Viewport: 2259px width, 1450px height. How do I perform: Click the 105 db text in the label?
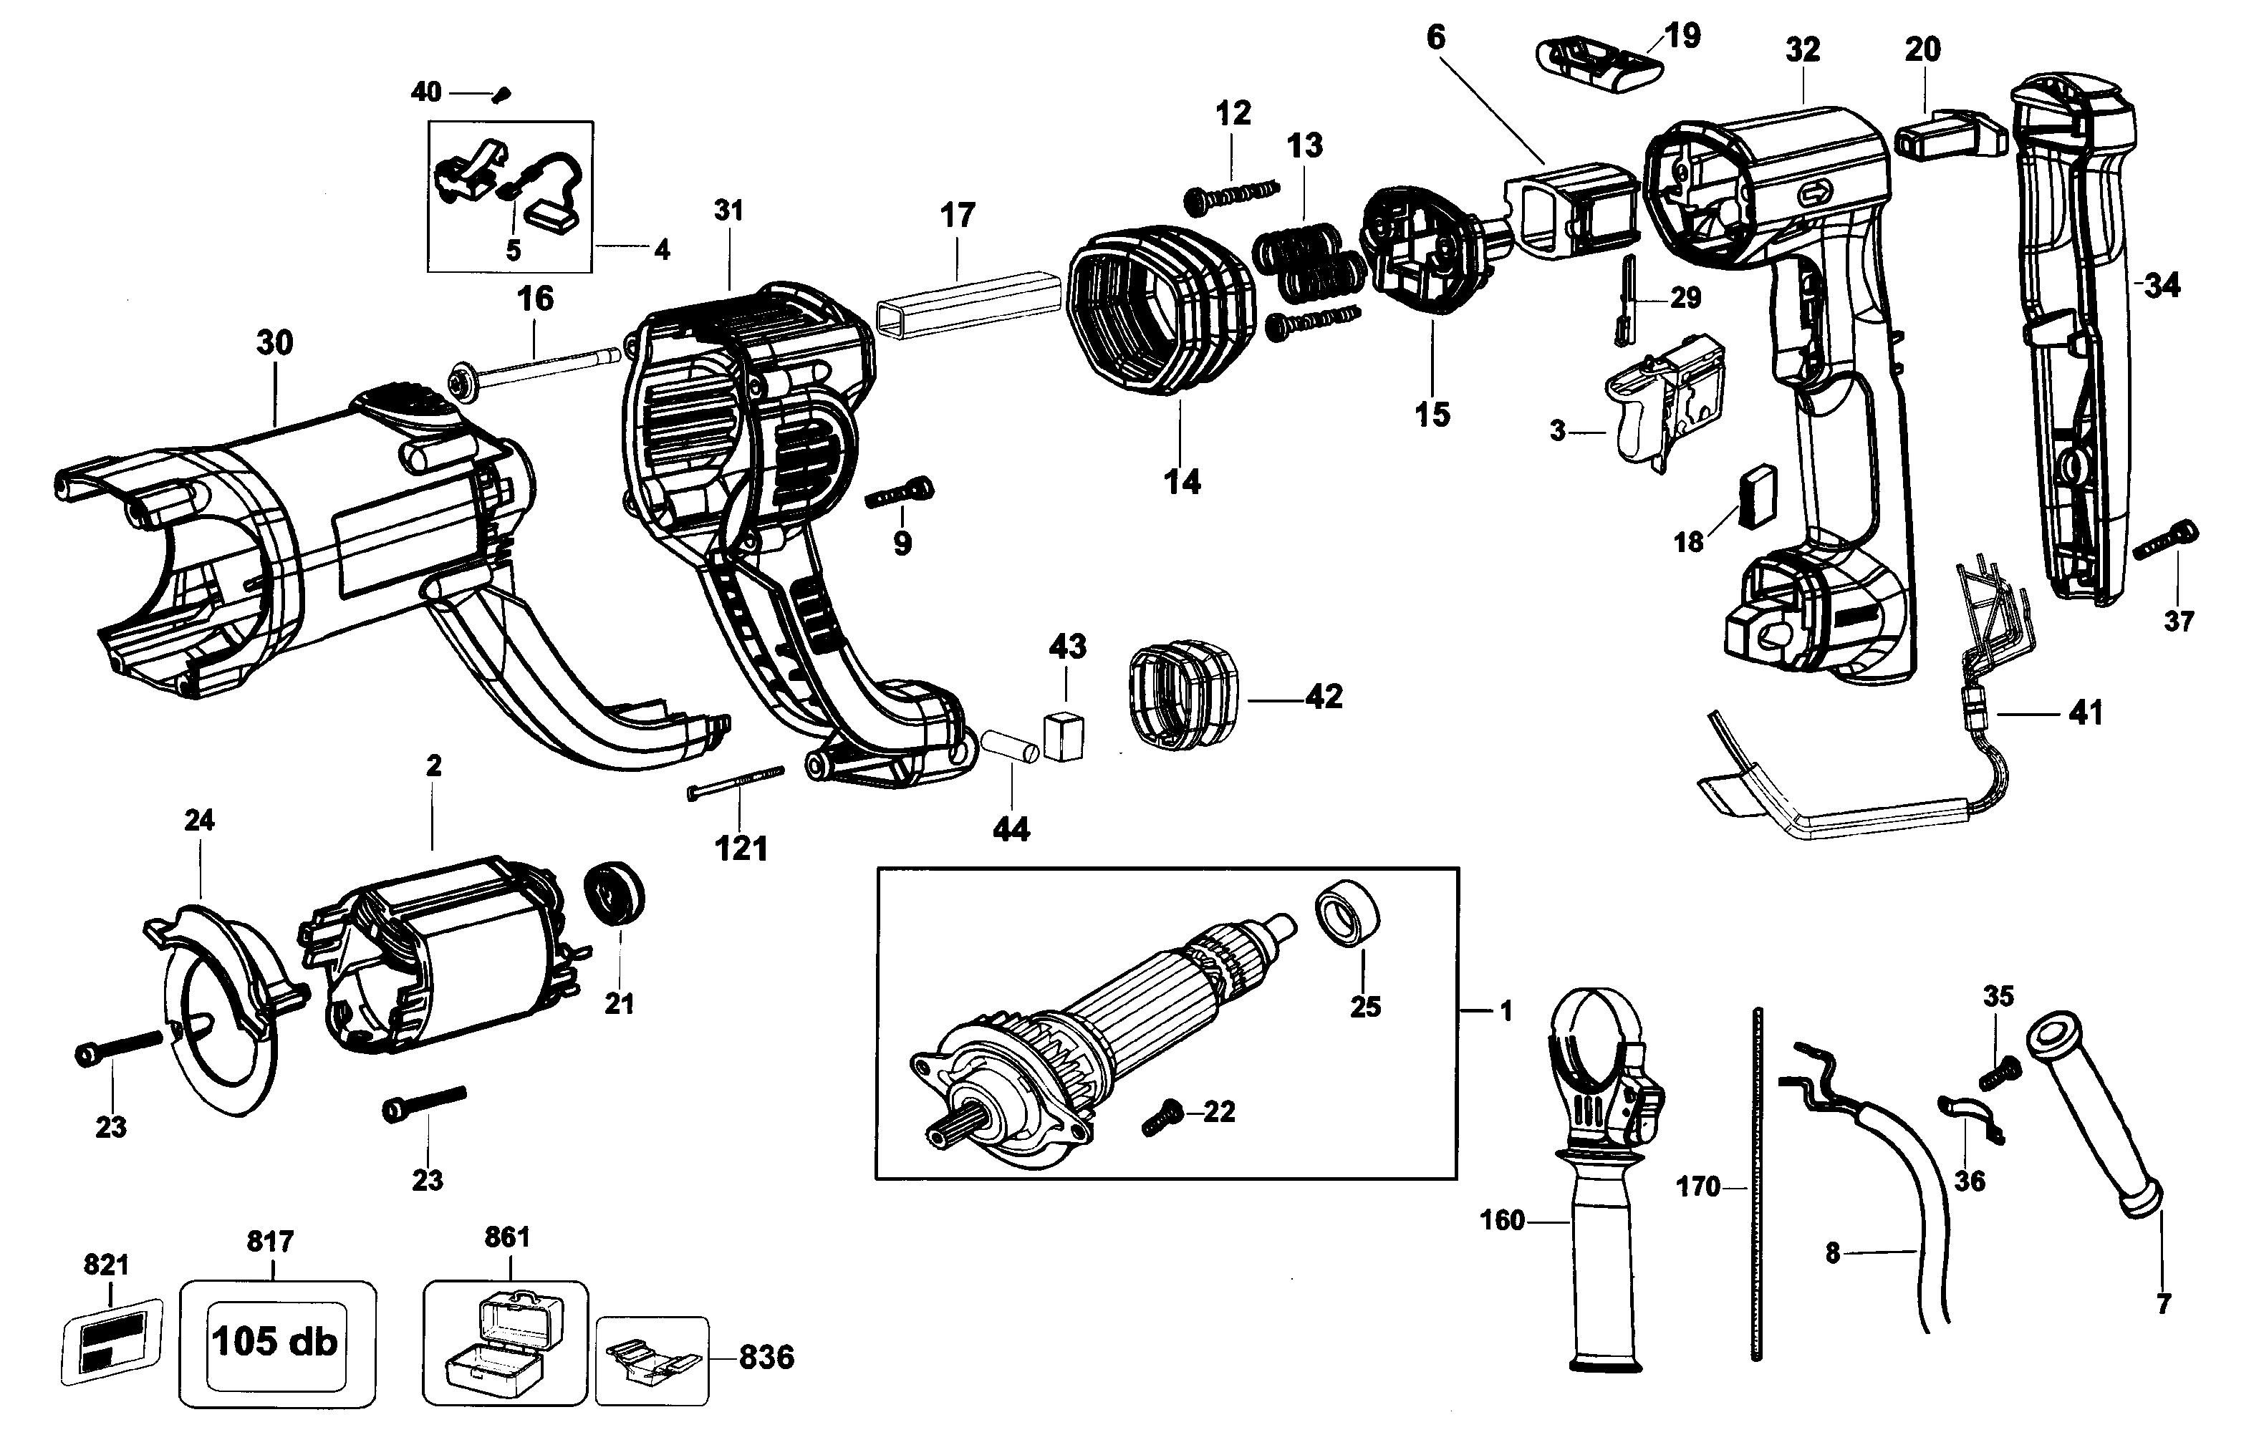pos(274,1340)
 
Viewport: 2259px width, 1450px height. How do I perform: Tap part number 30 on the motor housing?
pos(274,343)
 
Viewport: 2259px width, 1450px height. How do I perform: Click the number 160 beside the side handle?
pos(1502,1220)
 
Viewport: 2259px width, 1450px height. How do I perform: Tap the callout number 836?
pos(766,1357)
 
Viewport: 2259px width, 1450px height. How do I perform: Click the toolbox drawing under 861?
pos(506,1340)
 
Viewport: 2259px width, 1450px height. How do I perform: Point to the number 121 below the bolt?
pos(741,849)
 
